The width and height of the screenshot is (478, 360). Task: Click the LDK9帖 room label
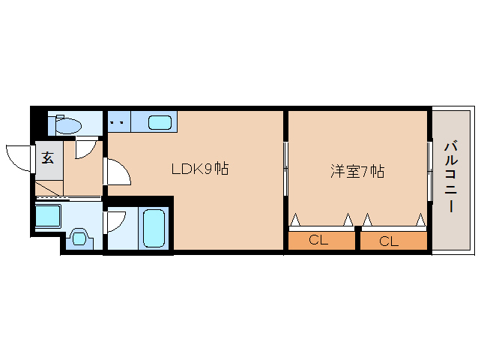coord(200,169)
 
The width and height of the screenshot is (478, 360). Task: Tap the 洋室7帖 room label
coord(357,171)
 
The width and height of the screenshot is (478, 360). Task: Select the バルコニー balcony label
coord(451,176)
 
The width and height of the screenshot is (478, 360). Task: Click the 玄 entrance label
coord(48,157)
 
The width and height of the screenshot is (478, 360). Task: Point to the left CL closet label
coord(318,240)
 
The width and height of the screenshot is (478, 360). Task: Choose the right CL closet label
coord(389,241)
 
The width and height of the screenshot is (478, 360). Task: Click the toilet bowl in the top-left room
coord(67,125)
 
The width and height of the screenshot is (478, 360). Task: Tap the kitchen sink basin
coord(160,122)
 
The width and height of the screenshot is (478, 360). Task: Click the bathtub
coord(154,228)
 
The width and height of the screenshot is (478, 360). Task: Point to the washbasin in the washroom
coord(80,238)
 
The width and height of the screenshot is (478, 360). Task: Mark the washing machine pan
coord(48,216)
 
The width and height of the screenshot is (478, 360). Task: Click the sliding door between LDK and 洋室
coord(285,169)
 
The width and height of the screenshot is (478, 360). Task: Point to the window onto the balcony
coord(430,171)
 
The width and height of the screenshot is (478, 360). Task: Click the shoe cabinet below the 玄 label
coord(49,188)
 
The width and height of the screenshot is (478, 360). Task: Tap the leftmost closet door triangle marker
coord(295,220)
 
